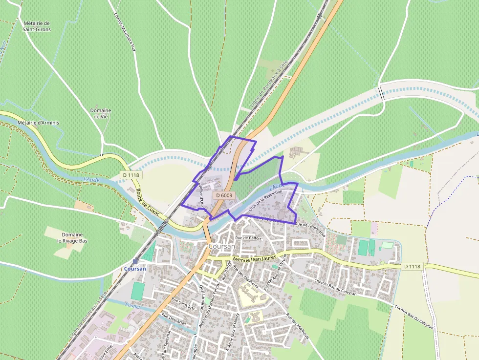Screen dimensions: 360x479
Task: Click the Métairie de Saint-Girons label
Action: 37,26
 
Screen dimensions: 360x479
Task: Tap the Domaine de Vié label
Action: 101,113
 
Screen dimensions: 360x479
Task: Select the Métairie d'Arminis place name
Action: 38,122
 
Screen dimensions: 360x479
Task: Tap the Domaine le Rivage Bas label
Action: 72,237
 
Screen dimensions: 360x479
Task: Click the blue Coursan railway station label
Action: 135,269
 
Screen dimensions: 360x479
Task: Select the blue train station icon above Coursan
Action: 135,261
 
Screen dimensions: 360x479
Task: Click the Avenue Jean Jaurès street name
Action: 254,257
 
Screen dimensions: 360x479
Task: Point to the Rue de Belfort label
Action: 248,238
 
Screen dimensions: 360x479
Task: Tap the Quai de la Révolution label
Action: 265,201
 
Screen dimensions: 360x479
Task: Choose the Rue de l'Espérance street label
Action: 310,229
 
